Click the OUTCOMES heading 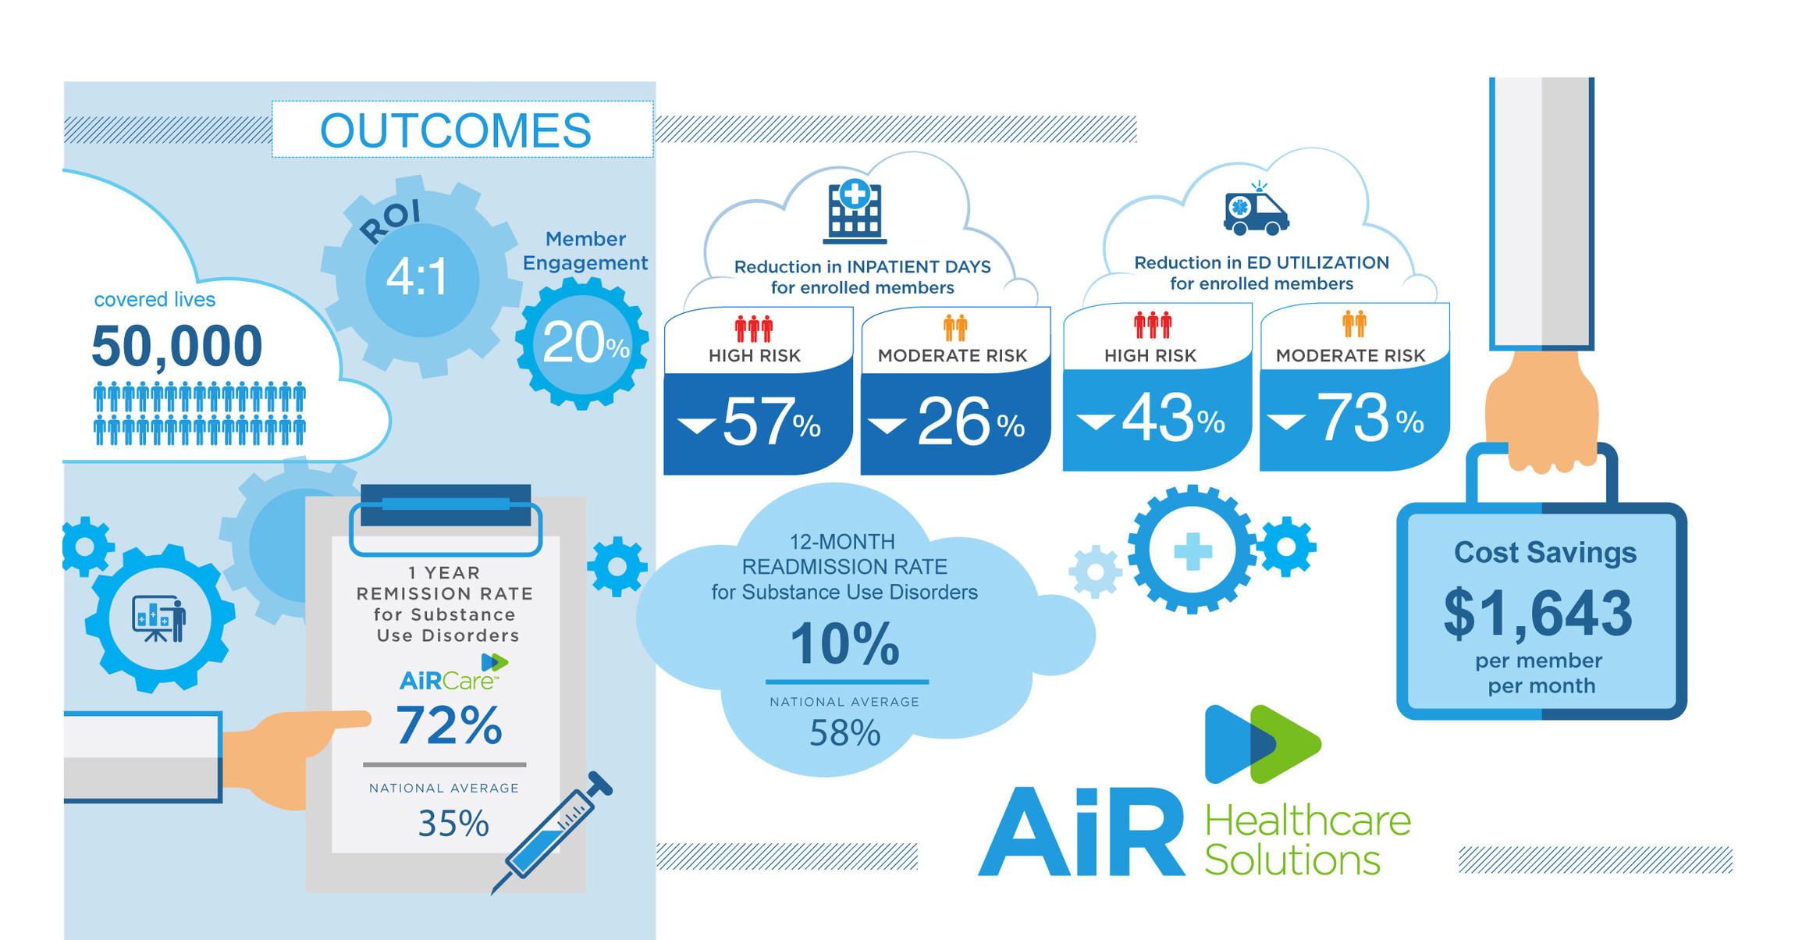click(456, 130)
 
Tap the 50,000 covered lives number click(177, 346)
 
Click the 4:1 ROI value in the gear click(418, 277)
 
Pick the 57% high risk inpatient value click(770, 422)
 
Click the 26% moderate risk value click(968, 422)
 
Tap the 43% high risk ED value click(1171, 418)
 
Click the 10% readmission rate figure click(844, 644)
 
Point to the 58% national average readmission click(844, 733)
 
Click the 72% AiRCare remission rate click(449, 725)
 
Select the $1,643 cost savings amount click(1537, 614)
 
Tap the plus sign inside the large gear click(1193, 551)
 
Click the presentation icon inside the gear click(159, 618)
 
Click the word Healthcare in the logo click(1308, 821)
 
